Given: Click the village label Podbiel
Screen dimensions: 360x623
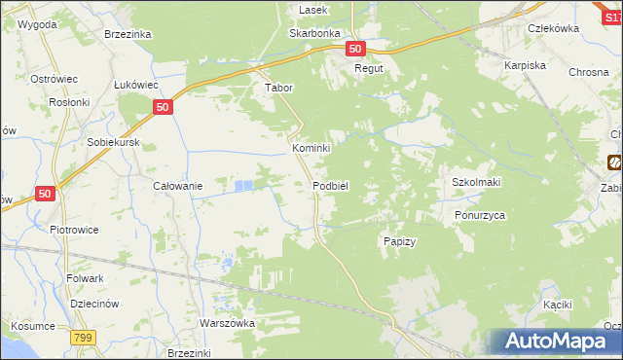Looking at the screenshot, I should coord(331,185).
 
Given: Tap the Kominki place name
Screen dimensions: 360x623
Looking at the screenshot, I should coord(312,148).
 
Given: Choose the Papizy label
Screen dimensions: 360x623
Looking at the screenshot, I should coord(400,241).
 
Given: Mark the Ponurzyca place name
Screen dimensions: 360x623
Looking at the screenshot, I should coord(480,216).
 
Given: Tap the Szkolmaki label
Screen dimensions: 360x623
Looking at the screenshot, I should coord(475,182).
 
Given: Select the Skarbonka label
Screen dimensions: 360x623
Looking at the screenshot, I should coord(312,32).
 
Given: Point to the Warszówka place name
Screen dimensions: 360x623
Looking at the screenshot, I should coord(227,323).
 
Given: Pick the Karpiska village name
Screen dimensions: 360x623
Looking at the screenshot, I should coord(525,65).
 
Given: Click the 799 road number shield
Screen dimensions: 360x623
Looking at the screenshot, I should coord(83,337).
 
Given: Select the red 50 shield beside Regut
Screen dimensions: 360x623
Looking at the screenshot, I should coord(354,49).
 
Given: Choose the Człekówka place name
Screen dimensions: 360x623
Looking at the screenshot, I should coord(553,28).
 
